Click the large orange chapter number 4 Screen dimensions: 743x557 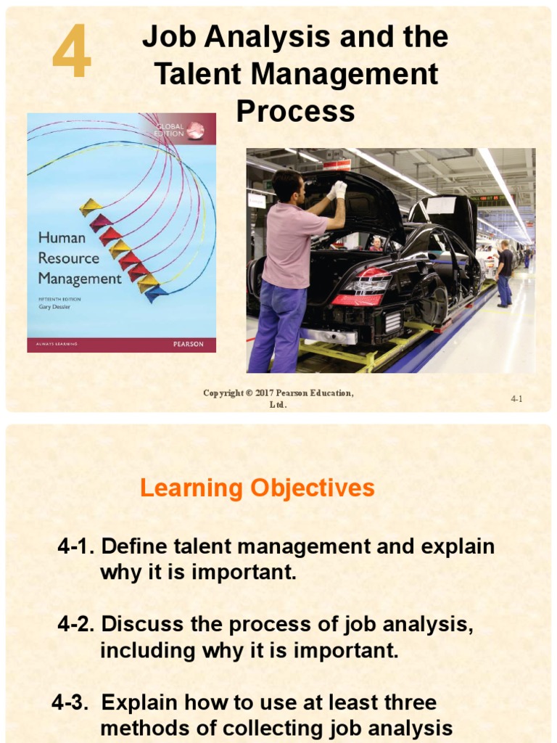pos(72,52)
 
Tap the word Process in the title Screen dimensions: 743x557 pos(296,112)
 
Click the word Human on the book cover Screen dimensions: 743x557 pos(62,237)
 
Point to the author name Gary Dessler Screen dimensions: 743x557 pos(58,306)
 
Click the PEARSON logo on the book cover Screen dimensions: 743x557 pos(189,344)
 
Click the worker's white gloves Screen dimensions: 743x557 pos(338,189)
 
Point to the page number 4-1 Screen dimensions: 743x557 pos(516,398)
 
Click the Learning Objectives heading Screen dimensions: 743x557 pos(257,488)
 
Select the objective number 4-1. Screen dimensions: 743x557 pos(77,546)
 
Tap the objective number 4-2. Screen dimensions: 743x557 pos(77,624)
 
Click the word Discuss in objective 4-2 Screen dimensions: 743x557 pos(143,624)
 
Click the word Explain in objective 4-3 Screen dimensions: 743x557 pos(140,702)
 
